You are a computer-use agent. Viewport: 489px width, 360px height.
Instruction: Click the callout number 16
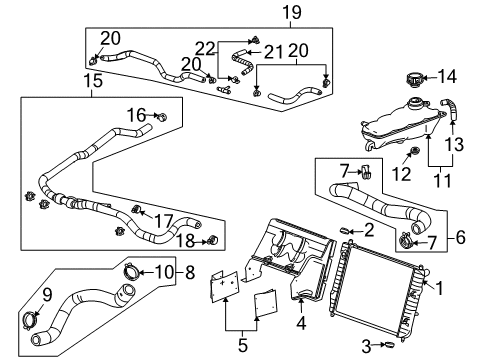tap(136, 116)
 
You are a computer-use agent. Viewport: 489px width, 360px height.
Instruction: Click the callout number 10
tap(164, 270)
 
